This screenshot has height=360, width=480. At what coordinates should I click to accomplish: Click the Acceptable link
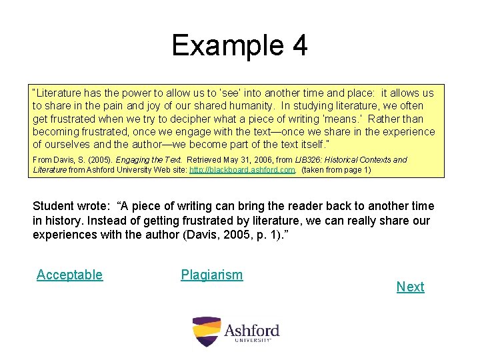pos(69,275)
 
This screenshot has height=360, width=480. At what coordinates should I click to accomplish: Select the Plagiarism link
pos(211,275)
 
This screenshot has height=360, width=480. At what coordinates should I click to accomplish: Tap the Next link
pos(410,287)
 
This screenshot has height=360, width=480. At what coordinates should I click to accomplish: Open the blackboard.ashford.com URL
pos(242,170)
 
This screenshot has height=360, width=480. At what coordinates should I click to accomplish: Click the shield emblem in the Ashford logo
pos(205,331)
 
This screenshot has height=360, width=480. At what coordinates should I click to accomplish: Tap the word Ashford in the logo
pos(251,330)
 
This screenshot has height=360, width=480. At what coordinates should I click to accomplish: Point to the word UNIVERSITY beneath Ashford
pos(253,341)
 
